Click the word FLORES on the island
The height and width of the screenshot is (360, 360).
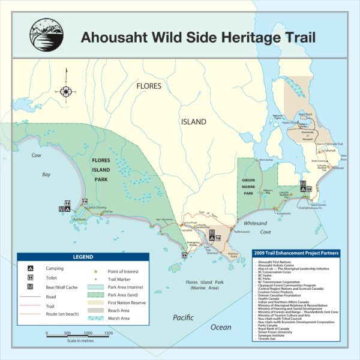pos(148,86)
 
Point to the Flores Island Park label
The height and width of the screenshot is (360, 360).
pos(106,169)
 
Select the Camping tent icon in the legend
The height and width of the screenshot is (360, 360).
pos(31,268)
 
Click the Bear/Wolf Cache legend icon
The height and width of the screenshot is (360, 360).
pos(31,287)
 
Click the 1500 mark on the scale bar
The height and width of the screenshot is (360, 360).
pos(89,332)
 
